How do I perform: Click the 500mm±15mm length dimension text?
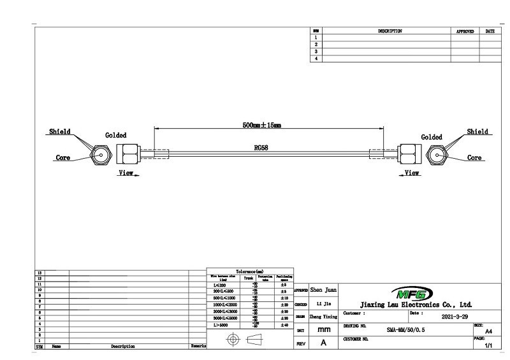[x=262, y=125]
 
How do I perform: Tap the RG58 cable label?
[x=261, y=147]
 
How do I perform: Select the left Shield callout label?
[x=60, y=132]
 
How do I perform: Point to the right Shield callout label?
[x=477, y=132]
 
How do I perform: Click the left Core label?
[x=62, y=158]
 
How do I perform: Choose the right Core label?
[x=475, y=158]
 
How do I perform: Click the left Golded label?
[x=115, y=135]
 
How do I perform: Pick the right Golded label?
[x=432, y=137]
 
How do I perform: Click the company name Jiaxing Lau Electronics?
[x=416, y=305]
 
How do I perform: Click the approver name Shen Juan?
[x=324, y=290]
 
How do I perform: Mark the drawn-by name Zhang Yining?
[x=324, y=316]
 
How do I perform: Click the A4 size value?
[x=488, y=331]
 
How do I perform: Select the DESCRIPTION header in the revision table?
[x=390, y=31]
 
